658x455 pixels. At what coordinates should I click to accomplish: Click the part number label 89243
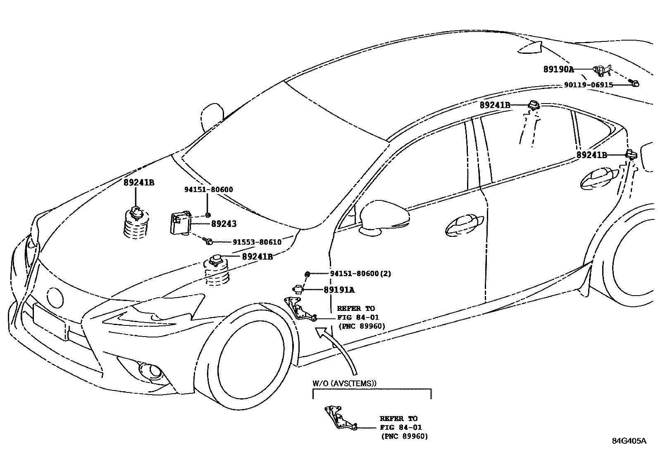click(224, 224)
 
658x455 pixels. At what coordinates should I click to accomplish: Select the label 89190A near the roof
click(558, 70)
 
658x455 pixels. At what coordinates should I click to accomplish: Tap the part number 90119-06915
click(589, 85)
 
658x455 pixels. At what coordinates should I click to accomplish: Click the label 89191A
click(339, 290)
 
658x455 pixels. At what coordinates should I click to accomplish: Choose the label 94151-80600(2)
click(360, 274)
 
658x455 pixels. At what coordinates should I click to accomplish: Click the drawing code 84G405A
click(629, 441)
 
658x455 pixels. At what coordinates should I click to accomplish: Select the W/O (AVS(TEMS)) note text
click(344, 383)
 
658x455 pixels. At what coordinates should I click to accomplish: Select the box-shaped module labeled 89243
click(181, 224)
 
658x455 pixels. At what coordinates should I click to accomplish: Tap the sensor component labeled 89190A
click(601, 71)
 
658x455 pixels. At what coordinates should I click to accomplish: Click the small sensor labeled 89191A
click(298, 289)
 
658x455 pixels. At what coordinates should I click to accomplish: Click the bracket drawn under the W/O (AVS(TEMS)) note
click(338, 419)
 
